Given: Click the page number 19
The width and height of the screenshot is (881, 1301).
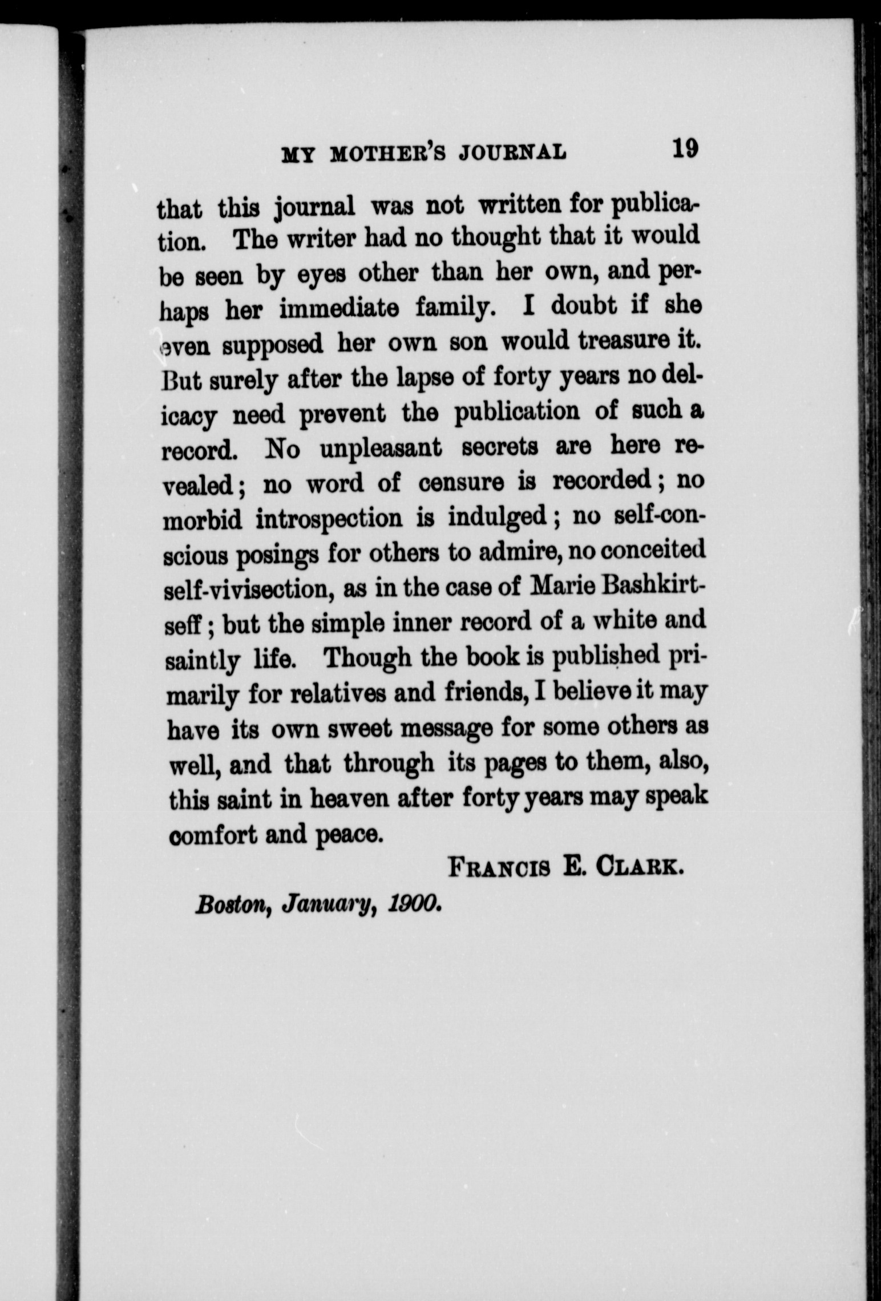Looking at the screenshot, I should pos(684,149).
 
